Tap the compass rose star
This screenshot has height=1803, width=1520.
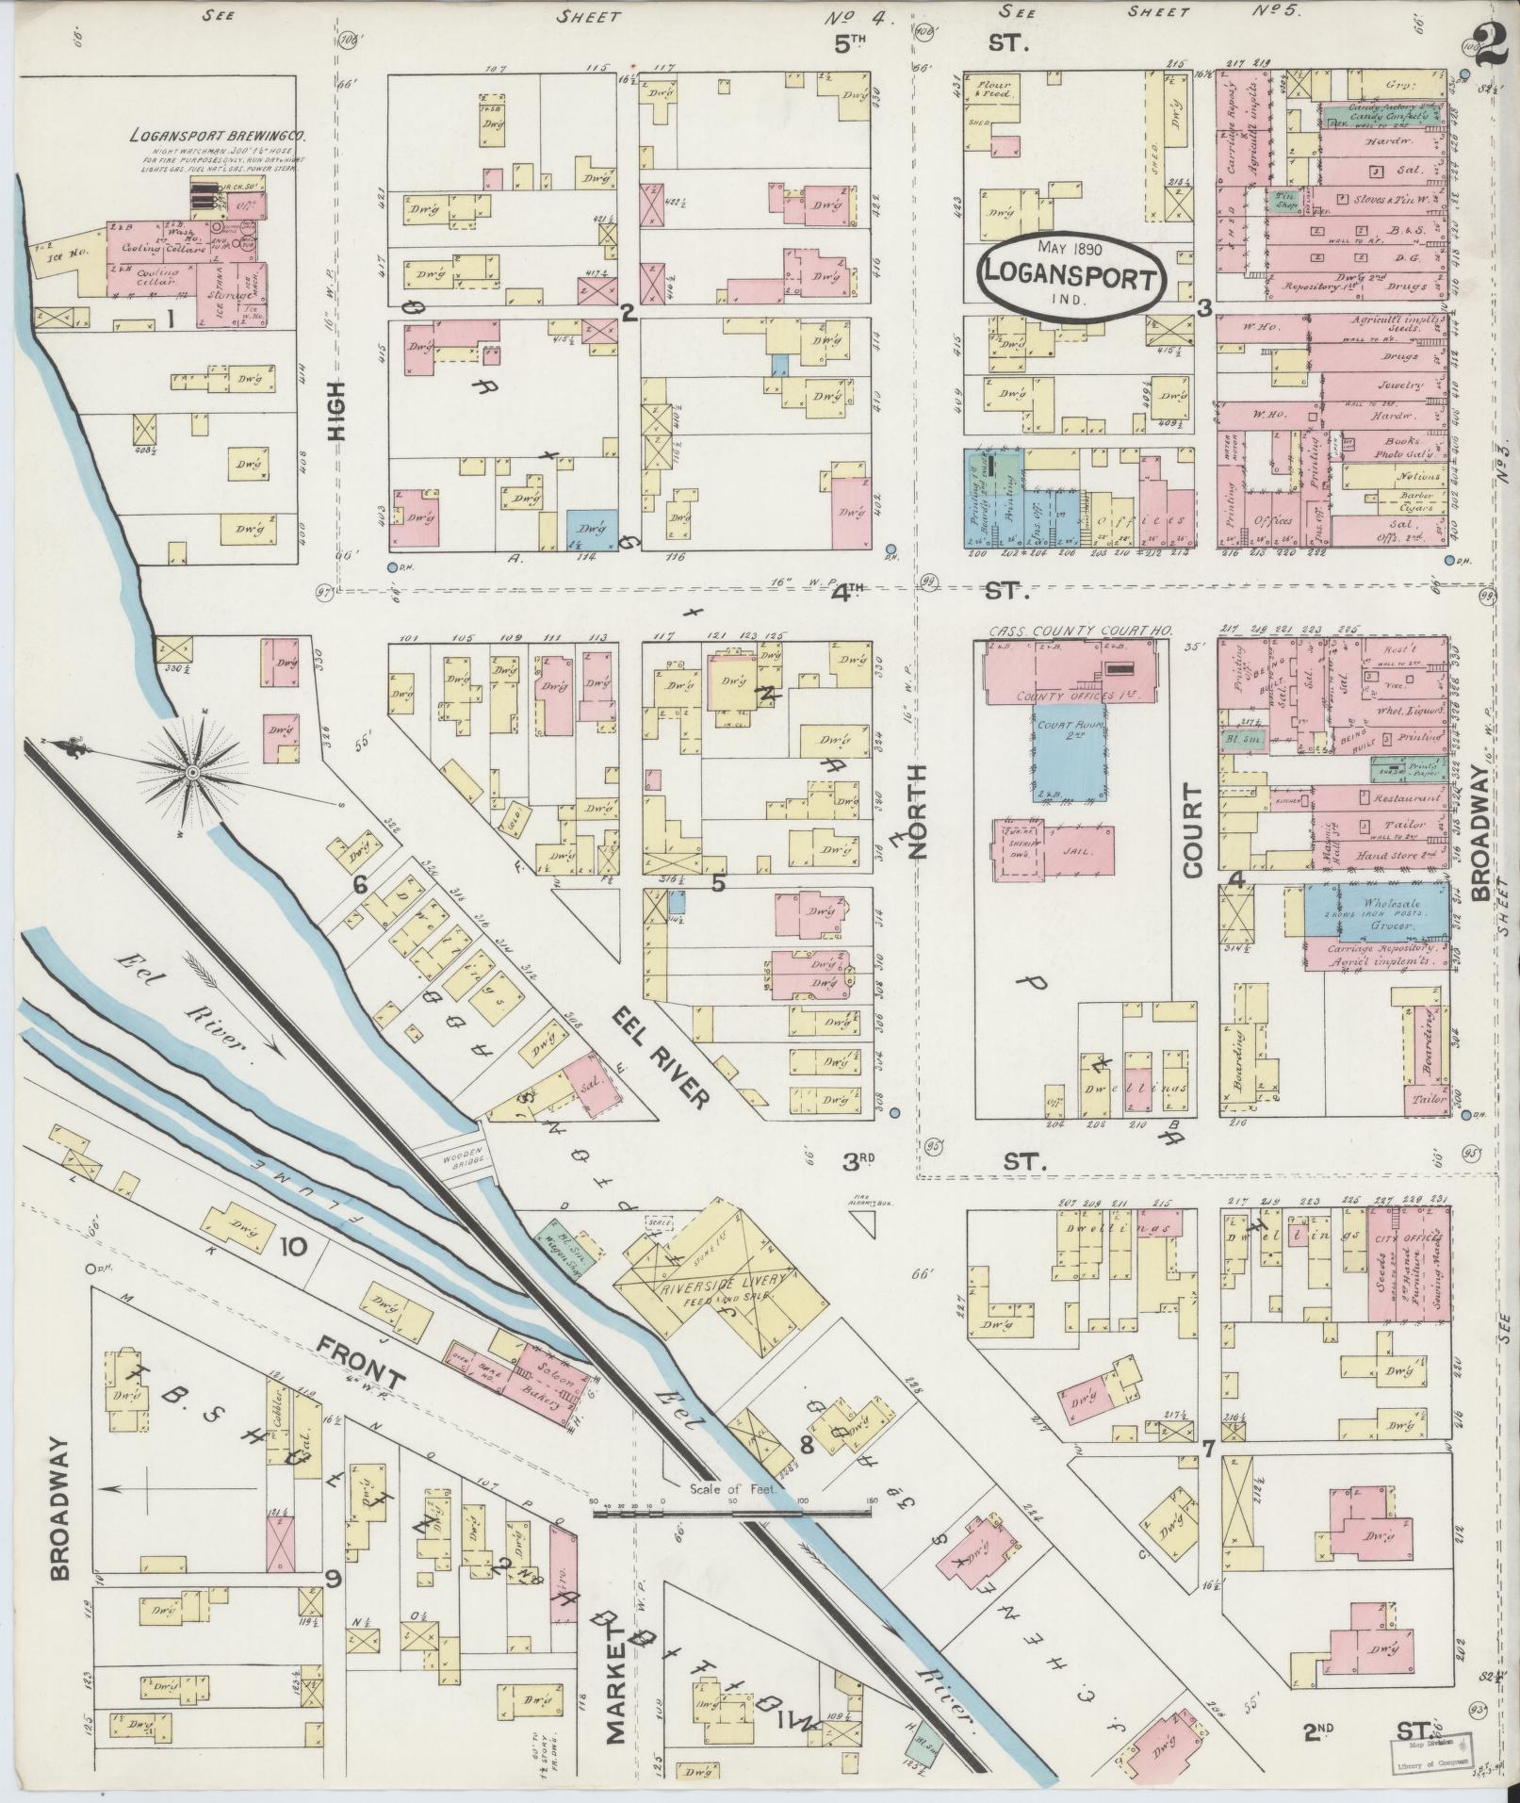[192, 773]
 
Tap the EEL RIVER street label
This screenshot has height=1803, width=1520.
[660, 1056]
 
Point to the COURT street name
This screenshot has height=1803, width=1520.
[1194, 829]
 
